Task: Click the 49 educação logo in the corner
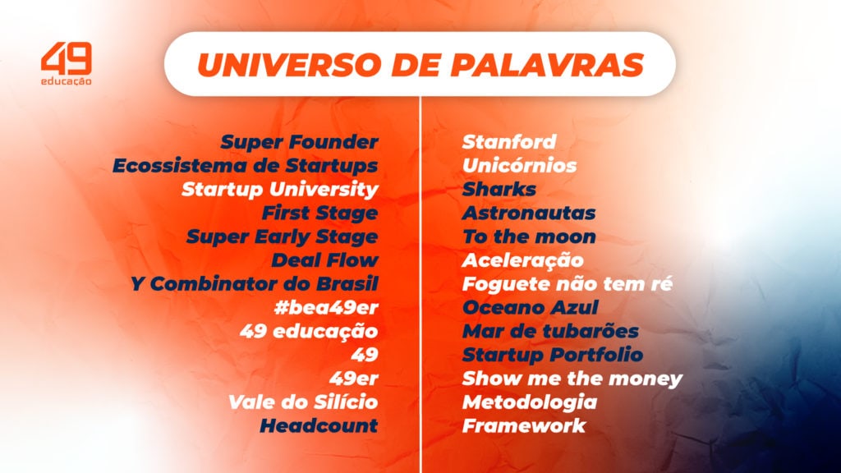point(67,65)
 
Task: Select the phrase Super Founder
point(299,142)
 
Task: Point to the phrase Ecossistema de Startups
point(245,166)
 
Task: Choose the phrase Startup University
point(279,190)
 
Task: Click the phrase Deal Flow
point(324,261)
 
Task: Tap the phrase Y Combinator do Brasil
point(254,285)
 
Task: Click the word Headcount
point(319,426)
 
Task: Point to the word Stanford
point(508,142)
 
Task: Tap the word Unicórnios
point(519,166)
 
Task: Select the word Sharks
point(499,190)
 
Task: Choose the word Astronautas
point(528,214)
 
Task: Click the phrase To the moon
point(528,237)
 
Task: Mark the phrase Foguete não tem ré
point(568,285)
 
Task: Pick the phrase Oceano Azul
point(530,308)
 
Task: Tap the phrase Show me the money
point(572,379)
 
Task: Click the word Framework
point(523,426)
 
